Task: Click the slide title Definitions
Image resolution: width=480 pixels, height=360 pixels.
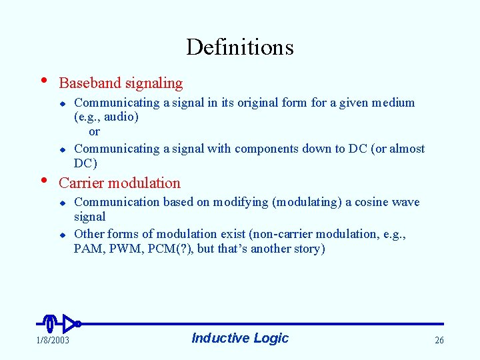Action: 239,47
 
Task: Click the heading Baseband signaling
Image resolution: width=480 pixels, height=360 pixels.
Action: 121,83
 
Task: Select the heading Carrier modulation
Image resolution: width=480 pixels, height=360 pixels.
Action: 120,183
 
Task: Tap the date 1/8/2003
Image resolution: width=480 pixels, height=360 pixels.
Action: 51,341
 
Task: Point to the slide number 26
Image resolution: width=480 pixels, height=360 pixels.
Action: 439,341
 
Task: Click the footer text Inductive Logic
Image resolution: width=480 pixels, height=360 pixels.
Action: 240,338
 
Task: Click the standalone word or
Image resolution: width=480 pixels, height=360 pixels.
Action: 94,132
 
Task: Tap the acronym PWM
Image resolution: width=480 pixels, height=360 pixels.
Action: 124,249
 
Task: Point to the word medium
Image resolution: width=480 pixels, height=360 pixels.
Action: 393,103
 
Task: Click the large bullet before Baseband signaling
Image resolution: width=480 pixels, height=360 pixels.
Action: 44,80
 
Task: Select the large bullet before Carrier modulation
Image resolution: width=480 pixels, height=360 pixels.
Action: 44,179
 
